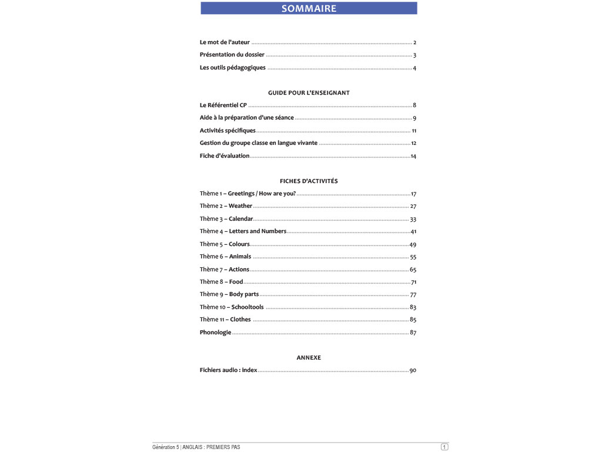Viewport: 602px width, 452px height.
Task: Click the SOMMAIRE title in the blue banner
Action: point(309,8)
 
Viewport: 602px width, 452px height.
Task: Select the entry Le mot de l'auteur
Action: point(225,42)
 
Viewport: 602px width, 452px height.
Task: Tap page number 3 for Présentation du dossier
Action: point(414,55)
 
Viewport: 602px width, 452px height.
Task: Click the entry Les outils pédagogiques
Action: point(232,68)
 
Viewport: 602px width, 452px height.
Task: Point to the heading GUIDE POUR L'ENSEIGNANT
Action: point(309,93)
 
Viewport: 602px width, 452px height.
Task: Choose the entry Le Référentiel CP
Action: point(223,105)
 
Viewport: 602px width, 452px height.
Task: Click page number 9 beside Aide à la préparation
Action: point(414,118)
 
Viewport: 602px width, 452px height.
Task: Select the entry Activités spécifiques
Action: point(228,131)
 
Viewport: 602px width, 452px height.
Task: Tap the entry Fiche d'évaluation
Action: point(225,156)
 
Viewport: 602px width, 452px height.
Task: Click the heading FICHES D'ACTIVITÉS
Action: point(309,181)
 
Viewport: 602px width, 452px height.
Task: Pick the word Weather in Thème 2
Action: point(240,206)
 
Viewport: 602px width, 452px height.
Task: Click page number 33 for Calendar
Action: point(413,219)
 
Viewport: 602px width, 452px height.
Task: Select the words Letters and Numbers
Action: point(257,231)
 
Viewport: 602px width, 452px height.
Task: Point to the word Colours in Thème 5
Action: point(239,244)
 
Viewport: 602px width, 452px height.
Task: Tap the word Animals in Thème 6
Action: point(240,257)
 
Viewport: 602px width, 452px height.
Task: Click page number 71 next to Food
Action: point(413,282)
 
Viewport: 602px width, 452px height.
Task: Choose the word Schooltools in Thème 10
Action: point(248,307)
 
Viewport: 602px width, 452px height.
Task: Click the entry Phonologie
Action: point(215,333)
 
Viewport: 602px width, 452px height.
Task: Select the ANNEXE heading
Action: point(309,358)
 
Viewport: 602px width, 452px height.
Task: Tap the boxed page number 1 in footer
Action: point(444,447)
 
